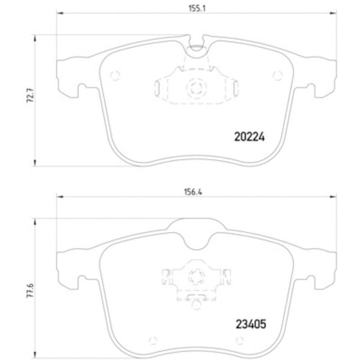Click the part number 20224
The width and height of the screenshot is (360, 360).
(x=248, y=136)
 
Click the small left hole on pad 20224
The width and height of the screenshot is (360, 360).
(x=116, y=75)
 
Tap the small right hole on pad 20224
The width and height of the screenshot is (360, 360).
(x=277, y=75)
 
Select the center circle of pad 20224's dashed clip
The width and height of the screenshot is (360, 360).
(x=196, y=88)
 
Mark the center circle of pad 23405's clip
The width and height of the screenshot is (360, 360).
(x=196, y=277)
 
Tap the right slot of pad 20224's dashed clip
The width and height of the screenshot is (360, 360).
(x=235, y=89)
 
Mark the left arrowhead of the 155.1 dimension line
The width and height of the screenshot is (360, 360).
(x=59, y=16)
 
